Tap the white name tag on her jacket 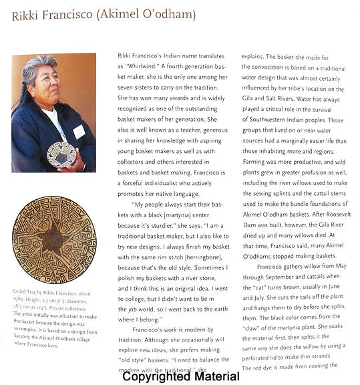point(79,131)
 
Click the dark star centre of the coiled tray point(52,241)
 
